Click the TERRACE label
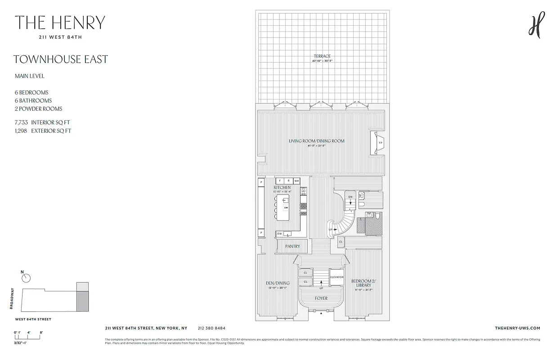pyautogui.click(x=322, y=56)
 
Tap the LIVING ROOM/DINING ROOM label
pyautogui.click(x=316, y=141)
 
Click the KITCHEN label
pyautogui.click(x=282, y=187)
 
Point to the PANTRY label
pyautogui.click(x=292, y=246)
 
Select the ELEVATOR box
pyautogui.click(x=337, y=277)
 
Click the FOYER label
pyautogui.click(x=321, y=298)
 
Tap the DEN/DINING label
pyautogui.click(x=278, y=283)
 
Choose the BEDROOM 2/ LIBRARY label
pyautogui.click(x=363, y=283)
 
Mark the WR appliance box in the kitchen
pyautogui.click(x=297, y=180)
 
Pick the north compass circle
pyautogui.click(x=27, y=278)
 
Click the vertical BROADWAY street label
pyautogui.click(x=12, y=298)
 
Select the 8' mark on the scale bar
pyautogui.click(x=41, y=332)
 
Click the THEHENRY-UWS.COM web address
pyautogui.click(x=517, y=328)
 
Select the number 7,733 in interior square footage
pyautogui.click(x=21, y=122)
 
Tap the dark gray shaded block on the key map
pyautogui.click(x=82, y=301)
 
